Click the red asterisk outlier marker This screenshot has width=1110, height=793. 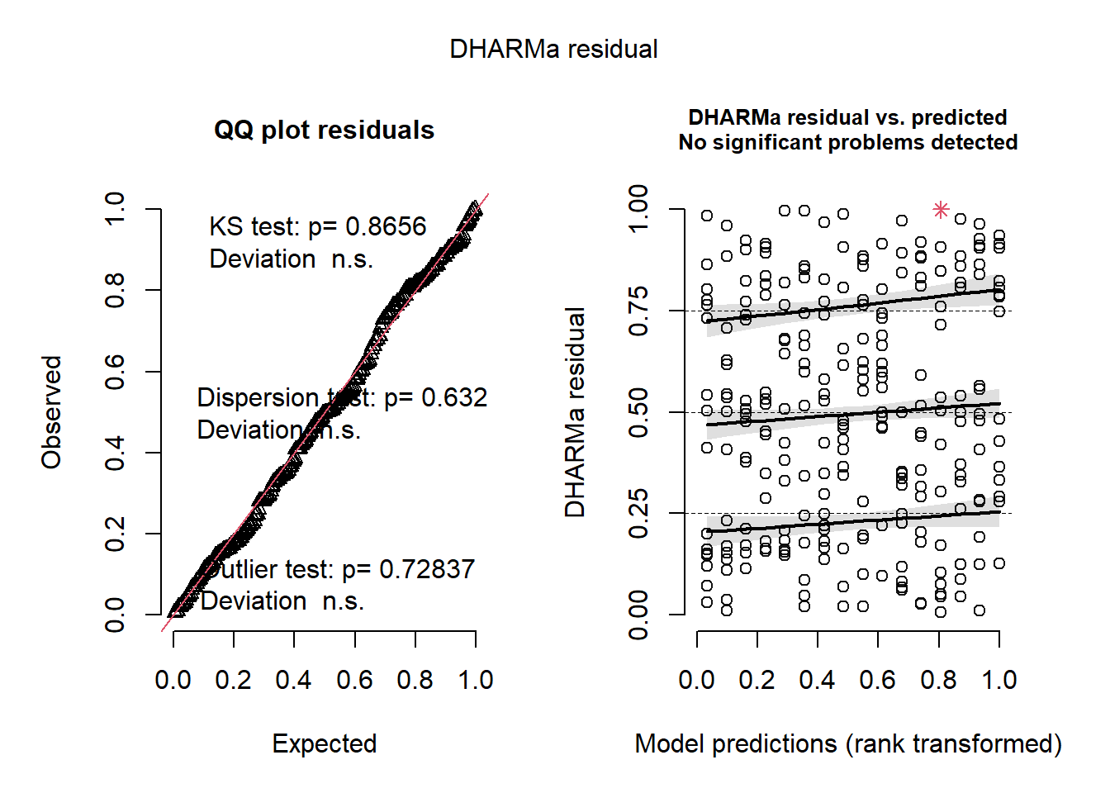(941, 210)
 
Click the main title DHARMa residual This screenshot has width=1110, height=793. (553, 50)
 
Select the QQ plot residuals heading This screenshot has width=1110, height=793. (324, 131)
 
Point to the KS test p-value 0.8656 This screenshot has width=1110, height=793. (386, 226)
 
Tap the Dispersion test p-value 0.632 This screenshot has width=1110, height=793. (454, 397)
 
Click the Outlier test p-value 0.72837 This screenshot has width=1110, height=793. (427, 569)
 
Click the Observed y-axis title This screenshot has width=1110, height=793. (52, 412)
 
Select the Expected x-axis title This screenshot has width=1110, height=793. (324, 743)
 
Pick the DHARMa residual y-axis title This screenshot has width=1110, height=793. (575, 412)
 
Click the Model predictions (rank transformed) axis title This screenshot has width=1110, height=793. (848, 743)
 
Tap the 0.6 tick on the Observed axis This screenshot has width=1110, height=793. (115, 372)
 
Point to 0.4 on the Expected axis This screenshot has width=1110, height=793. (294, 680)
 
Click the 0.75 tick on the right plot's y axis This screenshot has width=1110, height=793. (638, 311)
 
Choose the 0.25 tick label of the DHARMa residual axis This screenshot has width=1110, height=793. (638, 514)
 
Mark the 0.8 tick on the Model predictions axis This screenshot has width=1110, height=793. (939, 680)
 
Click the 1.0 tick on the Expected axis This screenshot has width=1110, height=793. (476, 680)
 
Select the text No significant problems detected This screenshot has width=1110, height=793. (848, 142)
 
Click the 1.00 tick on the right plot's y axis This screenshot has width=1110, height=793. (638, 210)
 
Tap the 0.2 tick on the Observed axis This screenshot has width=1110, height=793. (115, 534)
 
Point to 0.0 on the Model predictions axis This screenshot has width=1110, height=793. (697, 680)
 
